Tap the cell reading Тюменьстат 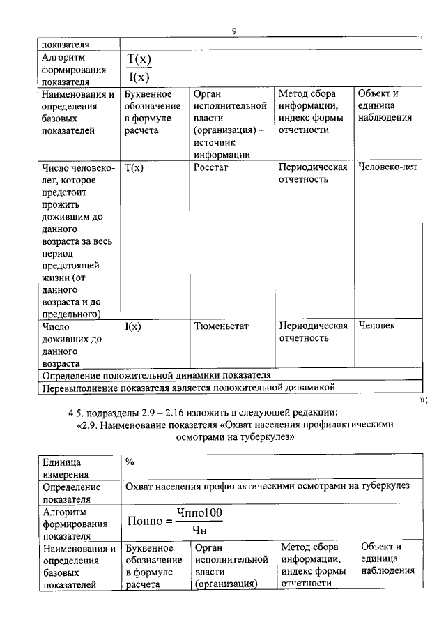click(221, 326)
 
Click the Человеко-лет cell click(387, 167)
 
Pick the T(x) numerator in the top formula click(139, 60)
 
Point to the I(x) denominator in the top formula click(139, 77)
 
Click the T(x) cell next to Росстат click(134, 167)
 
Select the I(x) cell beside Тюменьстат click(133, 326)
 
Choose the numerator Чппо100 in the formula click(199, 513)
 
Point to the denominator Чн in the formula click(199, 531)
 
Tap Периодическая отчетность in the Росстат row click(313, 174)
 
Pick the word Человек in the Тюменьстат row click(376, 326)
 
